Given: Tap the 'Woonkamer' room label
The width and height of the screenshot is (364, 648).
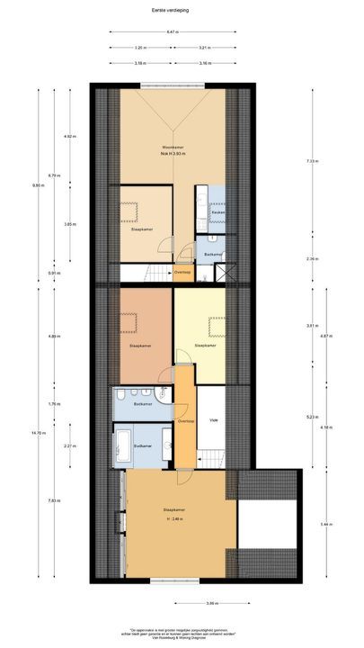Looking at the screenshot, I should coord(173,146).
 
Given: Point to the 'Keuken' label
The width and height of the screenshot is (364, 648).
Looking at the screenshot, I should coord(218,211).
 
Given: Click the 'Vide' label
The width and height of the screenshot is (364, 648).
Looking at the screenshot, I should coord(212,419).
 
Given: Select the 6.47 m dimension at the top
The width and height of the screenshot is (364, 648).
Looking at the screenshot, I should coord(171,32).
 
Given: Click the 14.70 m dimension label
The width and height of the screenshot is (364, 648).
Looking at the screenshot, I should coord(38,434).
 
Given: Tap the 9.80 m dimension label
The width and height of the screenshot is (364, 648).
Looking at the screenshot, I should coord(38,186).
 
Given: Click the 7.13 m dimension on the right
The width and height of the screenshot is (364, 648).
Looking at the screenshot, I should coord(311,160).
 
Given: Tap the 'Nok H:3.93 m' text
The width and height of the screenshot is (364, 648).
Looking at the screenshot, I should coord(173,154).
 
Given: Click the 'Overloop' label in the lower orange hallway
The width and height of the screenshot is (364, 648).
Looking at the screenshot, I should coord(185,421).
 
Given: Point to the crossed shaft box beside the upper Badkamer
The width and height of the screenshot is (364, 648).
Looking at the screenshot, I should coord(229,269).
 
